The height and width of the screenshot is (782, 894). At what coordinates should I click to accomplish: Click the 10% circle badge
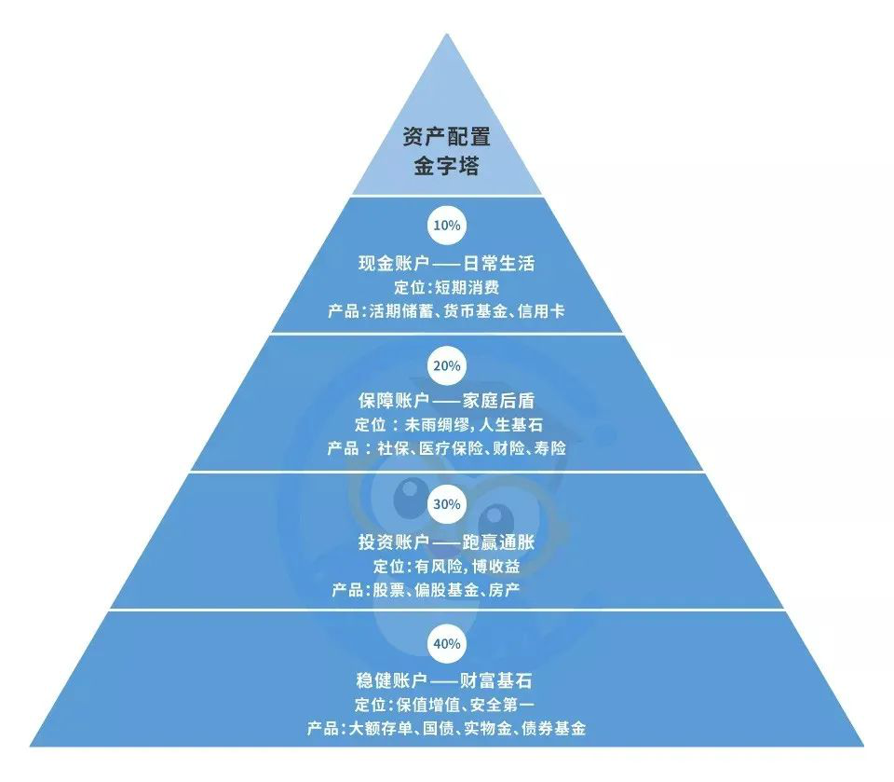(446, 226)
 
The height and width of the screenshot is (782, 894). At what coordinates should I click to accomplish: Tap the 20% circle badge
(446, 365)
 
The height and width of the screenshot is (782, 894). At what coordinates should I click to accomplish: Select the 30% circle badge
(446, 504)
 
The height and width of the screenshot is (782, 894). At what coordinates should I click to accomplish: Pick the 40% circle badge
(446, 643)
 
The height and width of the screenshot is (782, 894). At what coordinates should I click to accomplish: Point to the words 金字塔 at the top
(446, 167)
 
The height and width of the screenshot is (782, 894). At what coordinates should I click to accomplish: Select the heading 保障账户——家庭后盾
(446, 401)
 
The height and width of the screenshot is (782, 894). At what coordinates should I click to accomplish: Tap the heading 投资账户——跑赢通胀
(446, 541)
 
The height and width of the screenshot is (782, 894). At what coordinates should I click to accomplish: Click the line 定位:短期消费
(446, 288)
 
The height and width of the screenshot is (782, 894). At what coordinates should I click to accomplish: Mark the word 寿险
(546, 449)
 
